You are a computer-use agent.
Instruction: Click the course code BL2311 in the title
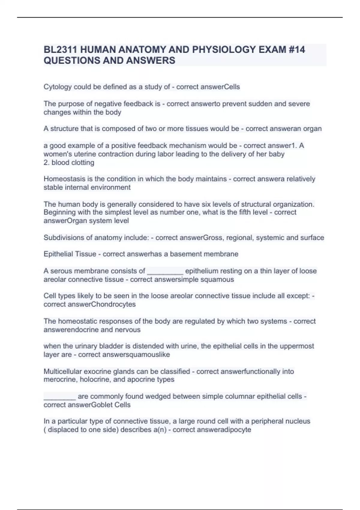pos(60,49)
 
